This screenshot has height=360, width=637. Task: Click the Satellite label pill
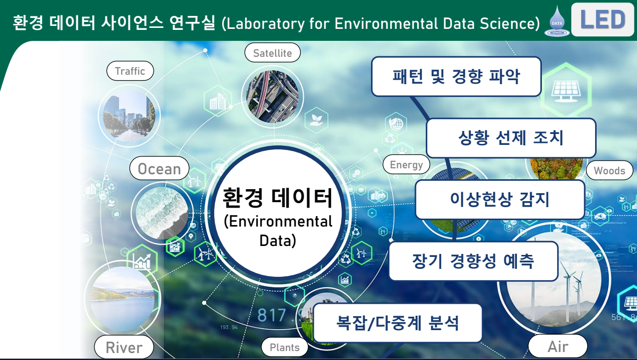click(272, 53)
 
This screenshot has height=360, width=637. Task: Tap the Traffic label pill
click(130, 71)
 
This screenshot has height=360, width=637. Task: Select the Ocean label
click(159, 168)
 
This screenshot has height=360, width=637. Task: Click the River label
click(124, 347)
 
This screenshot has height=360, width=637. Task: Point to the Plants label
click(285, 347)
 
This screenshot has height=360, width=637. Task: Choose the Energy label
click(406, 164)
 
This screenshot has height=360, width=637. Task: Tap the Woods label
click(610, 170)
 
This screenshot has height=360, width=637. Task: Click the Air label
click(558, 347)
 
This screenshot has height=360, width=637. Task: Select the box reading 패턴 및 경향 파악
click(456, 77)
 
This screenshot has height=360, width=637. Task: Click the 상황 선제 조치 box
click(510, 138)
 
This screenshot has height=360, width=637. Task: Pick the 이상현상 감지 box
click(500, 199)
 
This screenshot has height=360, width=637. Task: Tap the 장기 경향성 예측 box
click(473, 261)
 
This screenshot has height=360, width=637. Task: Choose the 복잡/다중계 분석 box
click(397, 323)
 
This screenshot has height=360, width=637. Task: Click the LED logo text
click(603, 19)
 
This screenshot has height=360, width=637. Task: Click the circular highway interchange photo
click(272, 97)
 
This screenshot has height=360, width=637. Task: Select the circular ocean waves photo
click(162, 213)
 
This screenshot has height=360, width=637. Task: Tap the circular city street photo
click(129, 115)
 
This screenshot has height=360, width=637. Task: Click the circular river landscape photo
click(123, 299)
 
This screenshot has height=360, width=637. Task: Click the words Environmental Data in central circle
click(278, 231)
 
